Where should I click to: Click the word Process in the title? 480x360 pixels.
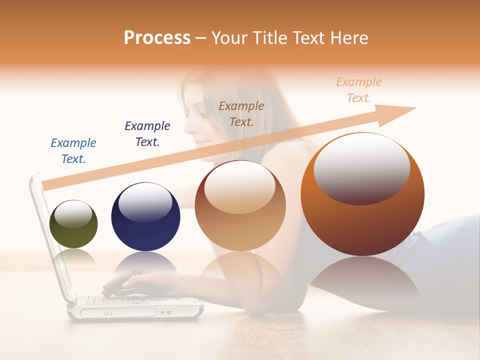pos(157,38)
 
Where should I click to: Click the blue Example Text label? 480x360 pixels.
pos(73,151)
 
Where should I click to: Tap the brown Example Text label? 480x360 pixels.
pos(241,113)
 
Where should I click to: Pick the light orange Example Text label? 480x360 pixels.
pos(359,90)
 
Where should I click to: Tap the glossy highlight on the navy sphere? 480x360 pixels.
pos(145,205)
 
